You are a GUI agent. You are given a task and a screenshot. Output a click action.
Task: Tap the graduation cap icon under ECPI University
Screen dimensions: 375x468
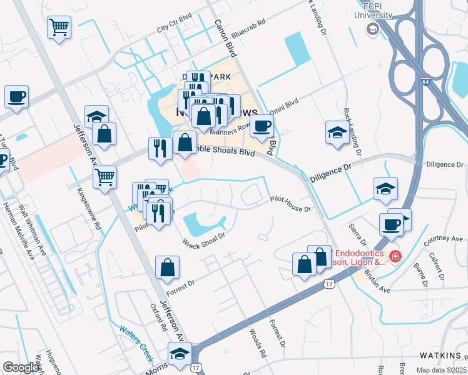[373, 29]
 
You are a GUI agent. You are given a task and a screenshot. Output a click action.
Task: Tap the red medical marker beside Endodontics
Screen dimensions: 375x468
[395, 256]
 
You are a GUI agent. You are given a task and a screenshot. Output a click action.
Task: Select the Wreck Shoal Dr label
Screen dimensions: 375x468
[203, 239]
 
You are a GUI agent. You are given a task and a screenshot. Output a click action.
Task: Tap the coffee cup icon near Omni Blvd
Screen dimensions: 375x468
[262, 126]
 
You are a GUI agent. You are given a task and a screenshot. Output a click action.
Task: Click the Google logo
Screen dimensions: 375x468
[21, 367]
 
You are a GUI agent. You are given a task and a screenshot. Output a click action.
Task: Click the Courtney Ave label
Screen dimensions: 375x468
[443, 239]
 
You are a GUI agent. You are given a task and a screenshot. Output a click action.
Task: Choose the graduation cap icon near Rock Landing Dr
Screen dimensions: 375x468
[337, 132]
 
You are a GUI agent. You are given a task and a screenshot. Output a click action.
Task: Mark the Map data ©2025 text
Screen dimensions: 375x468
[442, 370]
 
